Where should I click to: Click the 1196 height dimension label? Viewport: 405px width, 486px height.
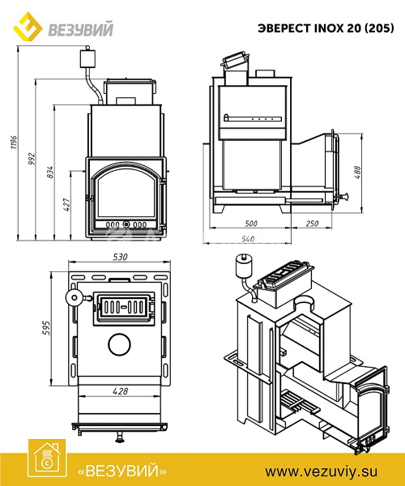coord(15,143)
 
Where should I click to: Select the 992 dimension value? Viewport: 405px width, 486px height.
coord(32,159)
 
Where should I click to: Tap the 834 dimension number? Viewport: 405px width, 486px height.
coord(50,172)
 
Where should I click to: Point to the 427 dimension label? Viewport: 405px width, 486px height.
coord(67,205)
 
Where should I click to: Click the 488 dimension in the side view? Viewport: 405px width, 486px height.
coord(357,173)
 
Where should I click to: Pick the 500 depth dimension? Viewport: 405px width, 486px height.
coord(250,224)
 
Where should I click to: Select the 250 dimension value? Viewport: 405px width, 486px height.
coord(312,224)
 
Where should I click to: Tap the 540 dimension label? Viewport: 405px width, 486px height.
coord(248,239)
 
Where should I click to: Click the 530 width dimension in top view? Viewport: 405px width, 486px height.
coord(120,257)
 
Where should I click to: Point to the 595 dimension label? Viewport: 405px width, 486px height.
coord(46,328)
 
